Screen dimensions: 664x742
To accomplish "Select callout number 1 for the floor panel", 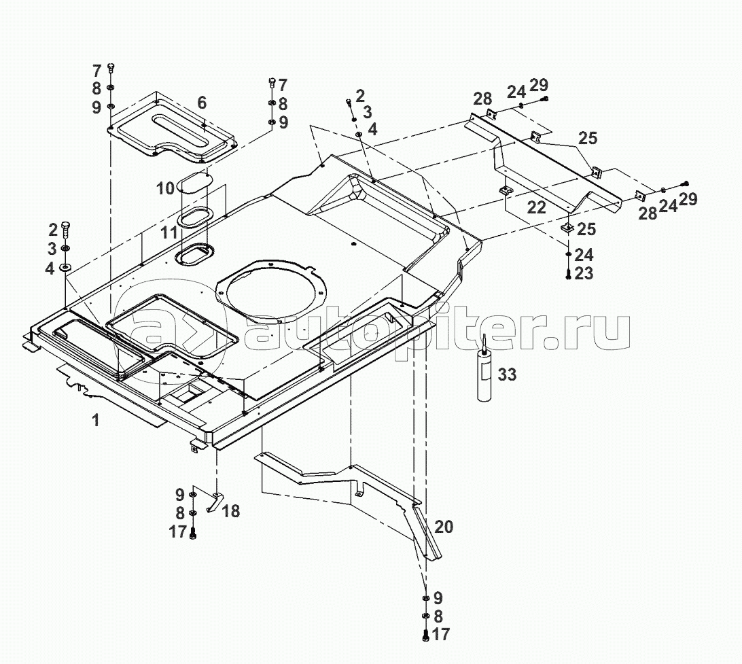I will [96, 421].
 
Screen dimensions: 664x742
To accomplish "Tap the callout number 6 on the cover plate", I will [202, 103].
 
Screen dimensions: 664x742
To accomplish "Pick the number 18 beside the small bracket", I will [231, 511].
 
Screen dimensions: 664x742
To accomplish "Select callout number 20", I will [444, 527].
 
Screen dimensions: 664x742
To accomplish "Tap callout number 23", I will [584, 274].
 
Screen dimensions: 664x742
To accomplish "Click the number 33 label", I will [508, 374].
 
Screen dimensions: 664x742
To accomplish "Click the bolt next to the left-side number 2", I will [66, 228].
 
